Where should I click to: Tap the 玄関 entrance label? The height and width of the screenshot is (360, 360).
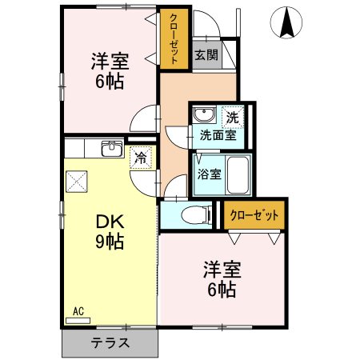[206, 55]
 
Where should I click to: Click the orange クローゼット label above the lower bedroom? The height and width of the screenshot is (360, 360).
[254, 215]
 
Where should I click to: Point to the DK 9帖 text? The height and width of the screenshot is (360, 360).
[110, 230]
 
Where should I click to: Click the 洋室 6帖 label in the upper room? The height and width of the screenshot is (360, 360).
[110, 70]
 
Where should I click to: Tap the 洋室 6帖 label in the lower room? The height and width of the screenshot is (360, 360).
[218, 278]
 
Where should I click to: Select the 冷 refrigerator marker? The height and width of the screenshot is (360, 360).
[141, 158]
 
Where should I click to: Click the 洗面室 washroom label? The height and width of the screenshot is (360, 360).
[217, 135]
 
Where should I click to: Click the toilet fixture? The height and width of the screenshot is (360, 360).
[190, 214]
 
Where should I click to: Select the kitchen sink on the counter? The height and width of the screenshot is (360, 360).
[112, 149]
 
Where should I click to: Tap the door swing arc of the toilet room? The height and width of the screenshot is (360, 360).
[175, 190]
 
